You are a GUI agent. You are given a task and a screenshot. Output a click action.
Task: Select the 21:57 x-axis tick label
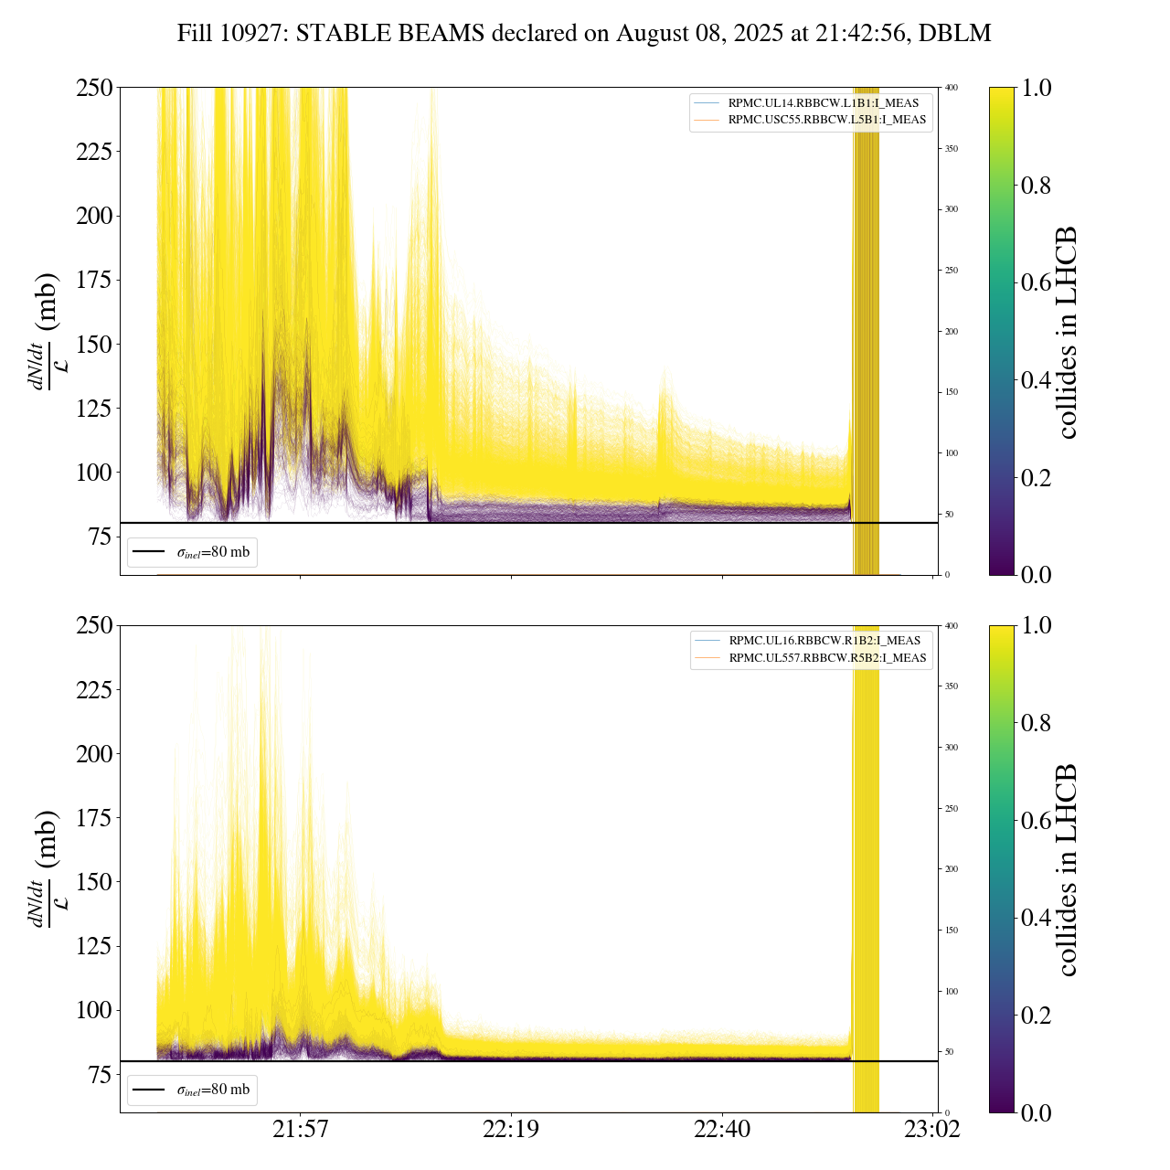pos(300,1130)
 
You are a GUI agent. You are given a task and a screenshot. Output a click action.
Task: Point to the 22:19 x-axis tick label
pos(511,1130)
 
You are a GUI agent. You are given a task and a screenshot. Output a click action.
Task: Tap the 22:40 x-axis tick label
pos(722,1130)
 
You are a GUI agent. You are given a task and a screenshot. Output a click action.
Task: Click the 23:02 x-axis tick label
pos(932,1130)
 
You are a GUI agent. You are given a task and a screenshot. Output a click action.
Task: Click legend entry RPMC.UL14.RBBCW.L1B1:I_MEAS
pos(823,103)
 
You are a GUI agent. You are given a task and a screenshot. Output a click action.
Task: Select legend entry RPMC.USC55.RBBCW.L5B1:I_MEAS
pos(826,120)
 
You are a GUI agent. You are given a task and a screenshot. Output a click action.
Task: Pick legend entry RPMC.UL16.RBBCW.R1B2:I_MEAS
pos(824,641)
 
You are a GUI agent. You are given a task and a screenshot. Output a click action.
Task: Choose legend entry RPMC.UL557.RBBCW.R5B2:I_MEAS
pos(826,658)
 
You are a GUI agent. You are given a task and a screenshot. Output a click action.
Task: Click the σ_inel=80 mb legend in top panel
pos(193,552)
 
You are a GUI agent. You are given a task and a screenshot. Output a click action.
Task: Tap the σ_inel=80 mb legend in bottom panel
pos(193,1090)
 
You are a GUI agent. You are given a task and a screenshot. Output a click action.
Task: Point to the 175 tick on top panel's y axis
pos(94,280)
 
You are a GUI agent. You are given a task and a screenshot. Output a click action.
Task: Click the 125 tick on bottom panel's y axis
pos(94,946)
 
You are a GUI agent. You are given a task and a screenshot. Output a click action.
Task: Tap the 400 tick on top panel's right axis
pos(952,88)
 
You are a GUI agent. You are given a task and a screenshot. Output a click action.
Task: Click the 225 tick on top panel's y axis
pos(94,151)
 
